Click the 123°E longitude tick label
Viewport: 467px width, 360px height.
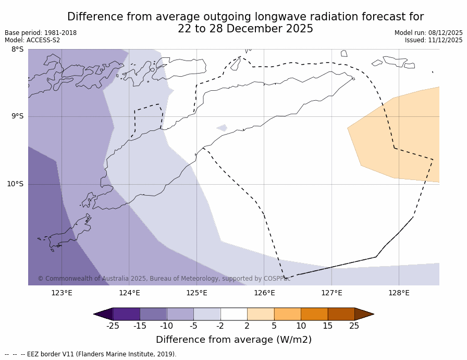pyautogui.click(x=62, y=293)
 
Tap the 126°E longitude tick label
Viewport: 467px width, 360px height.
pyautogui.click(x=264, y=293)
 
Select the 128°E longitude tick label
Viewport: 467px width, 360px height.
pyautogui.click(x=399, y=293)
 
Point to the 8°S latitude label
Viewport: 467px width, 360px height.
pyautogui.click(x=17, y=50)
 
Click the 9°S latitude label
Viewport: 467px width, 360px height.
pyautogui.click(x=17, y=116)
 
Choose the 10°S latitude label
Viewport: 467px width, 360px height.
pyautogui.click(x=15, y=184)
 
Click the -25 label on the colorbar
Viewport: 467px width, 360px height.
pyautogui.click(x=113, y=326)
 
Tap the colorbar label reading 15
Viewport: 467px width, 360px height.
pyautogui.click(x=327, y=326)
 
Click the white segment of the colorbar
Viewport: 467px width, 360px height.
pyautogui.click(x=233, y=314)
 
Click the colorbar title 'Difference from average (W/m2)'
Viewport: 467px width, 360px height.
pyautogui.click(x=233, y=340)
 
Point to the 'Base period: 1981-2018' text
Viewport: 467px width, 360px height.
pyautogui.click(x=41, y=33)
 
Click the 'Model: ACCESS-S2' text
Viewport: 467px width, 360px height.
pyautogui.click(x=32, y=40)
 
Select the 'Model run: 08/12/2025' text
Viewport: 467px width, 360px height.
pyautogui.click(x=428, y=33)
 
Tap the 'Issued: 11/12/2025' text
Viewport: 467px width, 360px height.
pyautogui.click(x=434, y=40)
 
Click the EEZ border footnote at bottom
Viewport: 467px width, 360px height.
pyautogui.click(x=91, y=354)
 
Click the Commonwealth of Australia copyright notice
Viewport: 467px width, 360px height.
pyautogui.click(x=164, y=279)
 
